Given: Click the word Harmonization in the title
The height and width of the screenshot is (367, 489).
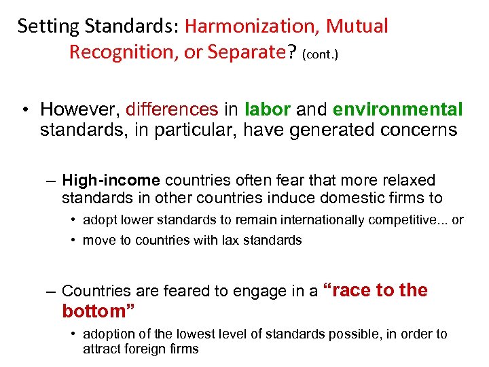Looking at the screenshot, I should point(251,27).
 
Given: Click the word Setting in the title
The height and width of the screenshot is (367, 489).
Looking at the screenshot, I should point(43,27).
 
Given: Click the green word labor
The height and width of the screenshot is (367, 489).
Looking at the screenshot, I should point(268,109).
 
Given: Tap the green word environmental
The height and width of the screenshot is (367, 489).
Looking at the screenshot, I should point(398,109).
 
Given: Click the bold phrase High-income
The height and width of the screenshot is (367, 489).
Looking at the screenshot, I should point(111,180).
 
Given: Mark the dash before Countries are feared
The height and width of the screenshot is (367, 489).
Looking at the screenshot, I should point(52,292).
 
